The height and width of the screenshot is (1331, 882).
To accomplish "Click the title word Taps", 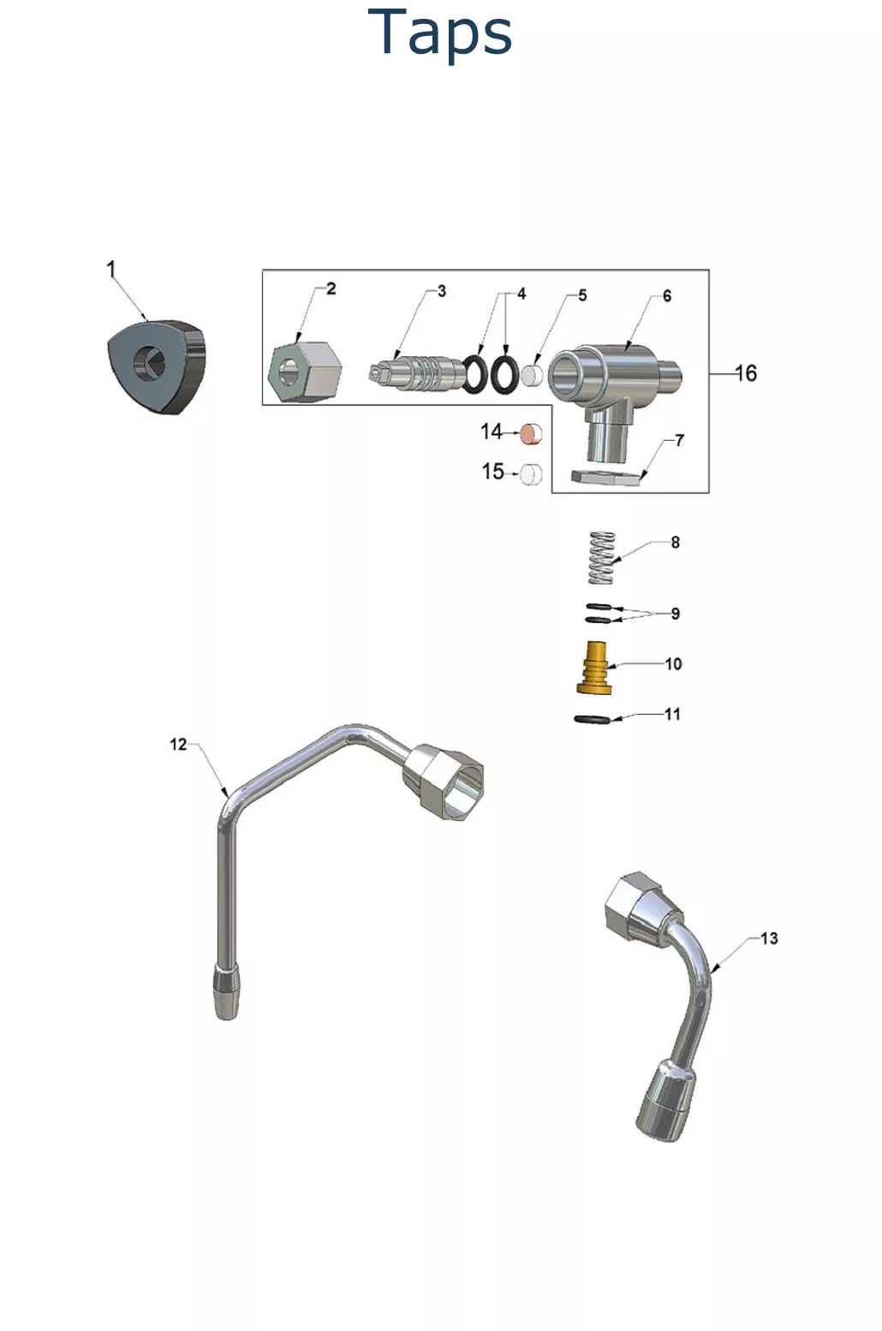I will point(440,33).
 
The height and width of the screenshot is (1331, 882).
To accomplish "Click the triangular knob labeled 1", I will point(157,366).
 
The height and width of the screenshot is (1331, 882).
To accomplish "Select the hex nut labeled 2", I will point(305,371).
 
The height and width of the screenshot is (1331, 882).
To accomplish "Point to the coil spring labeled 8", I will point(602,558).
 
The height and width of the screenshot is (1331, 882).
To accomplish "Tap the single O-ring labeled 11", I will point(591,719).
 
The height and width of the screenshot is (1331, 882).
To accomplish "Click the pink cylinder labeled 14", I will point(532,434).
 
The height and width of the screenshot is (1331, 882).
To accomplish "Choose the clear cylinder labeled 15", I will point(531,472).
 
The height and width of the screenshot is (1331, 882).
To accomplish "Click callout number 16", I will point(746,373).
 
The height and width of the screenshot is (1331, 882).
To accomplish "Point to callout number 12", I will point(178,744).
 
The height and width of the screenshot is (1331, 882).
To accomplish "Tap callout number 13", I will point(768,938).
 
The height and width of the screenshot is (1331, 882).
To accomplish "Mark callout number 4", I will point(521,294).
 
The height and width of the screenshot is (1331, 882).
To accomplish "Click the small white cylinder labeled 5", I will point(532,374).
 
